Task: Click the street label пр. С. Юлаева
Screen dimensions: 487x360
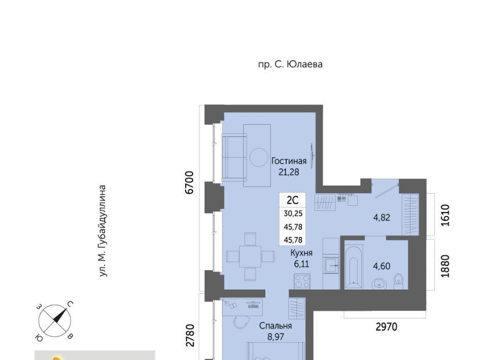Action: pyautogui.click(x=290, y=64)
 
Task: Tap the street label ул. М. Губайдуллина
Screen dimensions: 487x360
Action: pyautogui.click(x=102, y=231)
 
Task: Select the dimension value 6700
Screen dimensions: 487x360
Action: pyautogui.click(x=189, y=183)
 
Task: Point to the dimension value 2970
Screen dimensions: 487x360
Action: pyautogui.click(x=387, y=327)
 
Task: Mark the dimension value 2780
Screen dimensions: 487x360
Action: pyautogui.click(x=189, y=336)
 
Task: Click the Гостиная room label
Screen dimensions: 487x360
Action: pyautogui.click(x=289, y=161)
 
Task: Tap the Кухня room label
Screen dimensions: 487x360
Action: pyautogui.click(x=301, y=253)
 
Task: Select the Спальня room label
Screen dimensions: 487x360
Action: pyautogui.click(x=275, y=326)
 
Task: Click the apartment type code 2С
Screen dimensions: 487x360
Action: pyautogui.click(x=293, y=200)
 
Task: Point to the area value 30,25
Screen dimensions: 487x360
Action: pyautogui.click(x=293, y=213)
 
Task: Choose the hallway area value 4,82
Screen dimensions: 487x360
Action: pyautogui.click(x=381, y=218)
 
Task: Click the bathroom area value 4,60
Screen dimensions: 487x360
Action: pyautogui.click(x=381, y=266)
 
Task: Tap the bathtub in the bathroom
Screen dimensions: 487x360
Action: pyautogui.click(x=354, y=266)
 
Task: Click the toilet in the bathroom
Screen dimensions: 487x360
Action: pyautogui.click(x=398, y=281)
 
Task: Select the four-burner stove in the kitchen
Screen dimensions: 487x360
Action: pyautogui.click(x=302, y=281)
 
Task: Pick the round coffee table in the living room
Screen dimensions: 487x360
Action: pyautogui.click(x=259, y=157)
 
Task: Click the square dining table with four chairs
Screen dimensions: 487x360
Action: pyautogui.click(x=250, y=257)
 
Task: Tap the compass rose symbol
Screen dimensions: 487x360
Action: pyautogui.click(x=55, y=321)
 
